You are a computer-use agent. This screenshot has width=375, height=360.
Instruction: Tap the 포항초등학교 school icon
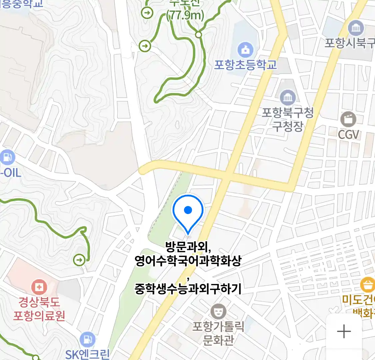click(246, 50)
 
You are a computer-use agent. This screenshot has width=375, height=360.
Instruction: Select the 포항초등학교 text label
click(245, 65)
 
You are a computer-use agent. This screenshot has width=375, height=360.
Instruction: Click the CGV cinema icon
click(348, 119)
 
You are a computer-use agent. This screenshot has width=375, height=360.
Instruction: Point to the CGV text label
click(348, 135)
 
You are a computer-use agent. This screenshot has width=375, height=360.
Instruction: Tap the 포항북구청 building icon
click(288, 97)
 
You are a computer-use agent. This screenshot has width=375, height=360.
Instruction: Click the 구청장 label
click(287, 126)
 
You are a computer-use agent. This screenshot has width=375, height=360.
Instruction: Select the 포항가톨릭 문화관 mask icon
click(218, 312)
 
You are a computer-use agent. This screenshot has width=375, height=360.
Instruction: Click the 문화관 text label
click(218, 340)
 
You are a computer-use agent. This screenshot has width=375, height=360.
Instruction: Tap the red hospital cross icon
click(39, 287)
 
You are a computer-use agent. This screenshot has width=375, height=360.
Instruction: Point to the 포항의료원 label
click(39, 315)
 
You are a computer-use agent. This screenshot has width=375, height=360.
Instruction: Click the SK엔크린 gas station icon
click(87, 339)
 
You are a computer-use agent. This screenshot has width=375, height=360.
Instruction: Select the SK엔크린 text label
click(87, 354)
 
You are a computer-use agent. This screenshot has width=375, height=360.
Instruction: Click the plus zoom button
click(344, 332)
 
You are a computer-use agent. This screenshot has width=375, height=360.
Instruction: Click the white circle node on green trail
click(199, 35)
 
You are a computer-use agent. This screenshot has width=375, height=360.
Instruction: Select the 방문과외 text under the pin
click(188, 247)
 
